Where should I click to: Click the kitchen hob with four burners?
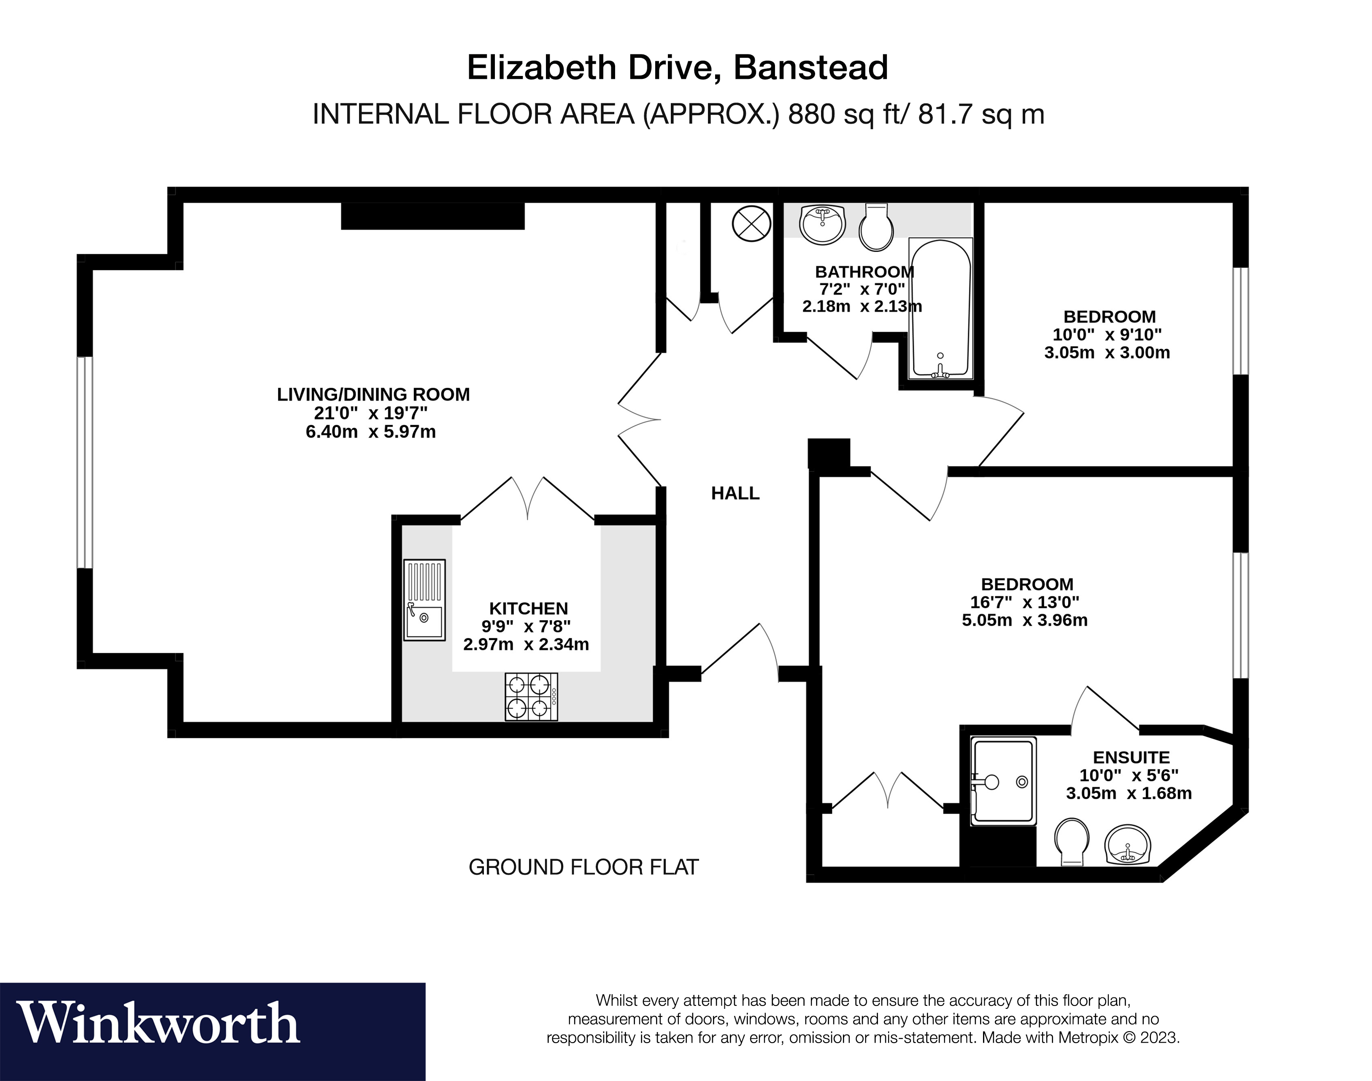[531, 697]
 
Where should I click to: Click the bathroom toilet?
[877, 227]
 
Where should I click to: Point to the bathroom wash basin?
[822, 224]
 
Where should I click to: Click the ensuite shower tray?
[1004, 781]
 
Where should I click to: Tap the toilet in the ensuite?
[1072, 842]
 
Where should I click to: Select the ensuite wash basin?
[1127, 845]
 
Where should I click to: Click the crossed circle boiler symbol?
[751, 224]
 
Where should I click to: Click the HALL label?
[735, 493]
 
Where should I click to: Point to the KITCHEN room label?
[528, 608]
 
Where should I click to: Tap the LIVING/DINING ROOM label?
[373, 394]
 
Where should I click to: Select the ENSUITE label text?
[1131, 757]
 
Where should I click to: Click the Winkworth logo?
[158, 1024]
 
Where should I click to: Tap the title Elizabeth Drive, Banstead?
[677, 68]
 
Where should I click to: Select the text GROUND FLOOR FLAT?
[583, 867]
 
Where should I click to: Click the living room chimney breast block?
[433, 216]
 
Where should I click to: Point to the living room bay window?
[85, 462]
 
